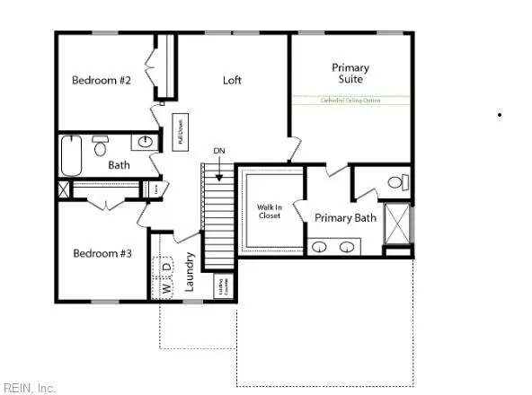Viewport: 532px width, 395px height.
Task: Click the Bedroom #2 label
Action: pos(102,81)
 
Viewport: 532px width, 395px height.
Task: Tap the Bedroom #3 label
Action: pos(102,254)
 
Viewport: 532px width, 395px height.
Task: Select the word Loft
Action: pos(233,80)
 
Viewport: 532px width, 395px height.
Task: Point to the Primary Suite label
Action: pos(350,73)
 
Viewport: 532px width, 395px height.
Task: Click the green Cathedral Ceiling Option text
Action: pos(350,101)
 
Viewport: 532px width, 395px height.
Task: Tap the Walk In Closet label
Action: pos(270,212)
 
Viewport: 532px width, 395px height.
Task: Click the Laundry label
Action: pos(190,269)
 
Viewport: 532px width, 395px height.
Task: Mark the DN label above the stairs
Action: pos(218,150)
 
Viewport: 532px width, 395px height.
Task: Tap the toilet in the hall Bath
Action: pos(101,146)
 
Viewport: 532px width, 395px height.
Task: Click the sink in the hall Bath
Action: pos(145,142)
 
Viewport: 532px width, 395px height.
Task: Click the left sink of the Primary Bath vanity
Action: pos(321,247)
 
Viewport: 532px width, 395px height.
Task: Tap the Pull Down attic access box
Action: pos(180,131)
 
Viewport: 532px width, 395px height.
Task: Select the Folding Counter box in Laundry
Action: pos(221,285)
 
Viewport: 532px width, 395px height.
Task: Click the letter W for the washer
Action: pos(166,289)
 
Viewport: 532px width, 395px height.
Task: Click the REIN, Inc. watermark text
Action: pos(28,388)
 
